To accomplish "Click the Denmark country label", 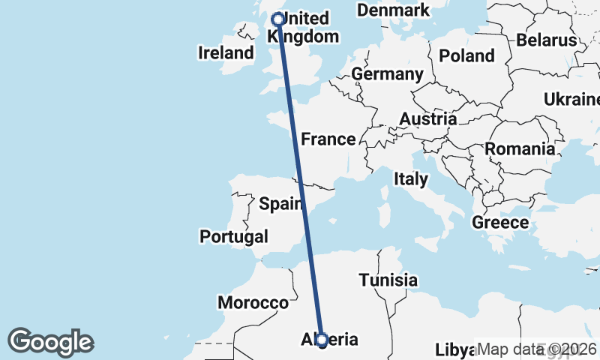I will tap(393, 10).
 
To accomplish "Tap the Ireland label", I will tap(226, 53).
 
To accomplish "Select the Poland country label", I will tap(466, 55).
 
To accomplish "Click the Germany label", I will tap(387, 74).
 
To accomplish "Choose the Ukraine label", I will tap(571, 100).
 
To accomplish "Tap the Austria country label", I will tap(427, 119).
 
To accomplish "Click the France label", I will tap(328, 139).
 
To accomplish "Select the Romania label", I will tap(520, 149).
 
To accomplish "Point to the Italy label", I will tap(411, 179).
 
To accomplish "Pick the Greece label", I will tap(500, 223).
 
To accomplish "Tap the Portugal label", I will tap(234, 237).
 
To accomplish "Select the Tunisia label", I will tap(388, 280).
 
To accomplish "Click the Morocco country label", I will tap(253, 303).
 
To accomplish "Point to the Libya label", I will tap(454, 351).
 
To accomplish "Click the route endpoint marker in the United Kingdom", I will tap(278, 19).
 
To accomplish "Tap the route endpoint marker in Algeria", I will tap(322, 340).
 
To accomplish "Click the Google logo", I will tap(50, 342).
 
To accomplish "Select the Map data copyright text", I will tap(537, 349).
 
